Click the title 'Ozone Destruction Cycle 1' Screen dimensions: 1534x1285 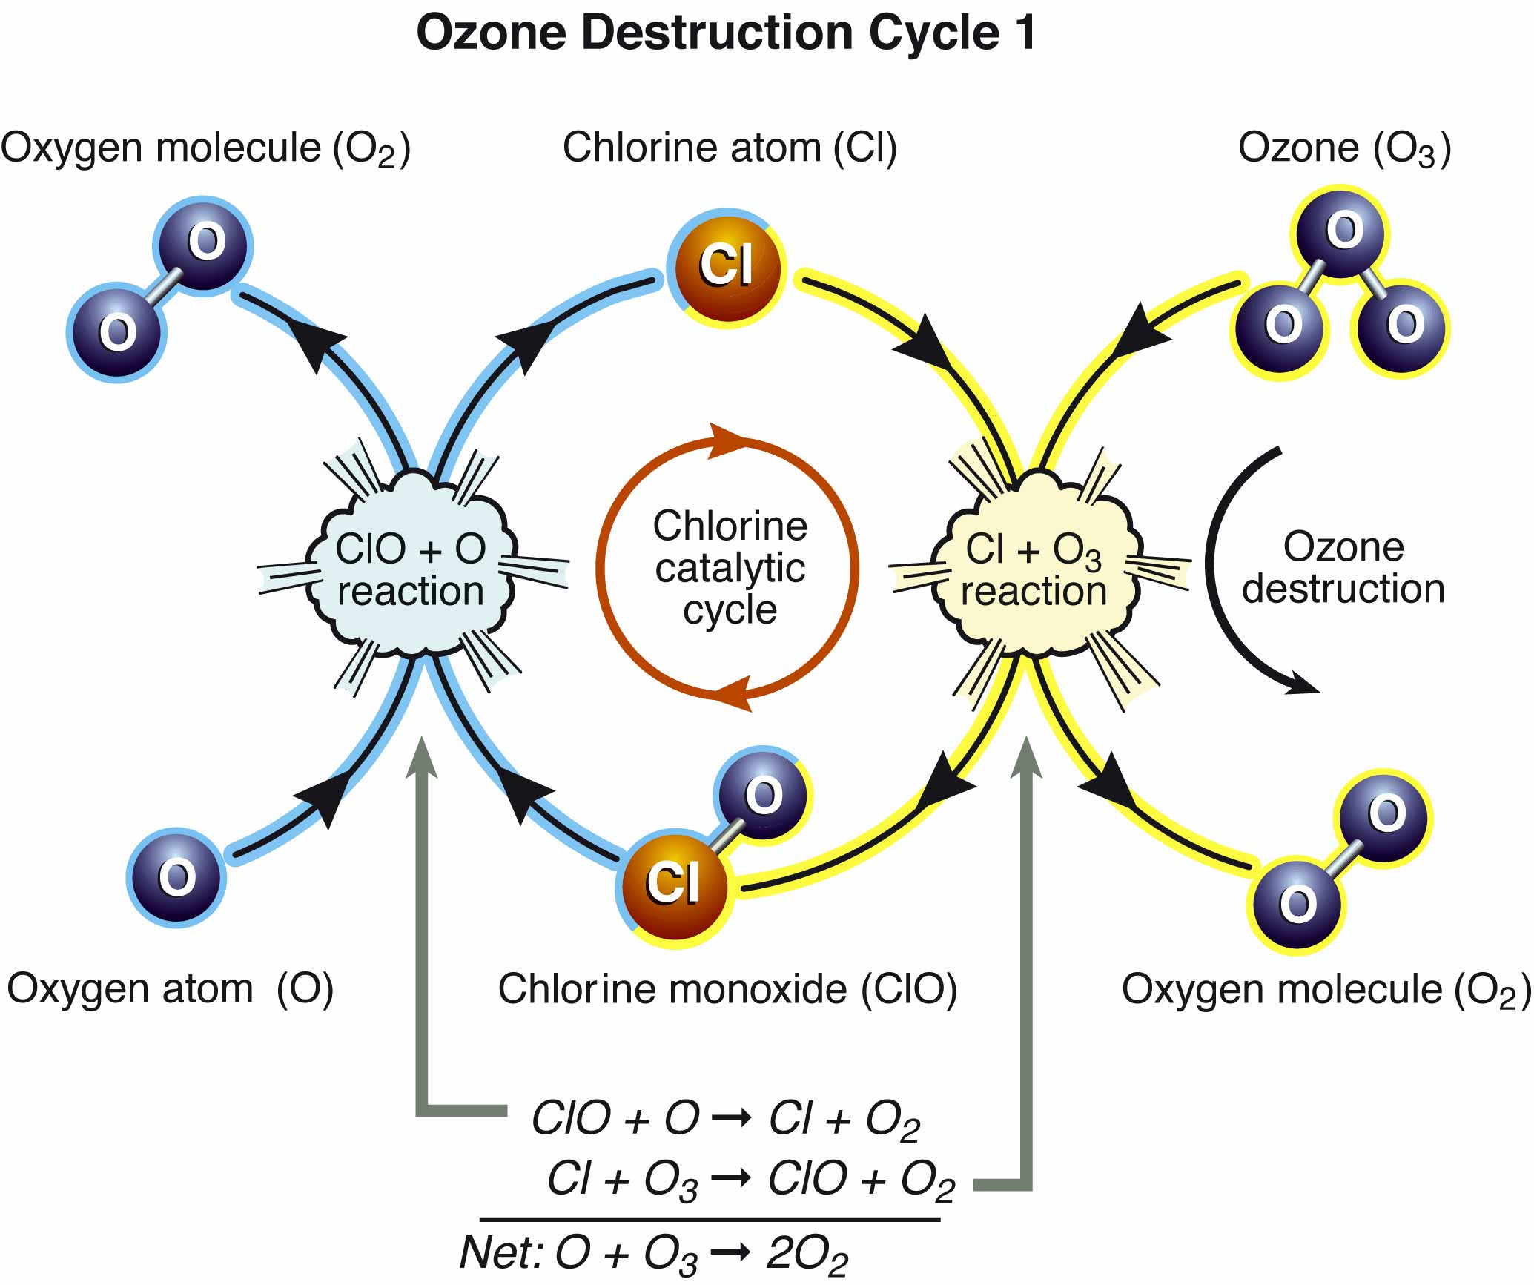[727, 33]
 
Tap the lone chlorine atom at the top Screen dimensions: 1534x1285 [726, 267]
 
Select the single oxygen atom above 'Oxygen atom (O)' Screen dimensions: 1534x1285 [176, 876]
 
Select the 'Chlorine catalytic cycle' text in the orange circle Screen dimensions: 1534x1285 [730, 568]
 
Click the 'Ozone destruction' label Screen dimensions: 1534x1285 [1343, 568]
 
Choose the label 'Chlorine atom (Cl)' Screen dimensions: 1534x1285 [730, 148]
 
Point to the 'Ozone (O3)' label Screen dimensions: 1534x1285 [1345, 148]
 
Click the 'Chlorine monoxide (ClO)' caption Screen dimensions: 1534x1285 [727, 989]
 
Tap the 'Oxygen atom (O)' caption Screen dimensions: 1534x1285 [170, 989]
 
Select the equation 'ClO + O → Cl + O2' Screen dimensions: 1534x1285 [726, 1119]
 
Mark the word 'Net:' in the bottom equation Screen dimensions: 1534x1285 [503, 1252]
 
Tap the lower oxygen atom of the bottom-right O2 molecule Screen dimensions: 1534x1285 [1297, 905]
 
